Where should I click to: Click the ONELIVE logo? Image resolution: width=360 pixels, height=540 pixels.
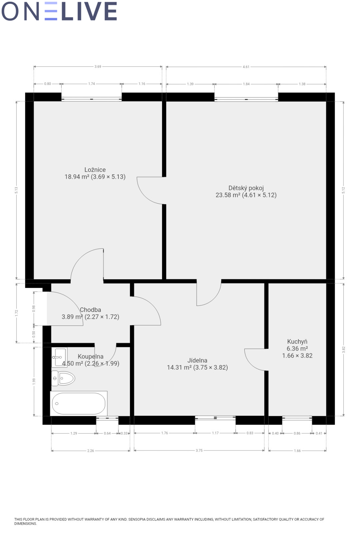[59, 11]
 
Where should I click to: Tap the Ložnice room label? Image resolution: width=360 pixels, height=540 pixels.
[95, 170]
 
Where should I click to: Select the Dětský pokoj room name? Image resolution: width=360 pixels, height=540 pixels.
[246, 188]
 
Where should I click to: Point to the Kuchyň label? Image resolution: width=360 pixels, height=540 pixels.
[297, 342]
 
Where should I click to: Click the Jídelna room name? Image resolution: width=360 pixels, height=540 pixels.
[197, 360]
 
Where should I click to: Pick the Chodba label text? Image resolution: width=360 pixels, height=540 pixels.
[90, 310]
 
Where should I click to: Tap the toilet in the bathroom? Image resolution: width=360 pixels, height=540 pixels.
[63, 378]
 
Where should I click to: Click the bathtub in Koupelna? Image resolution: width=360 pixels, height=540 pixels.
[79, 404]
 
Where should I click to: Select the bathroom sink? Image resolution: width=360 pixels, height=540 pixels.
[59, 357]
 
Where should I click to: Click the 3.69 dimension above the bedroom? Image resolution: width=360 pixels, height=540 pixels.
[98, 67]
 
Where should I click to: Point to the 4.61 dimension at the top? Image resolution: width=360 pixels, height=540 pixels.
[246, 67]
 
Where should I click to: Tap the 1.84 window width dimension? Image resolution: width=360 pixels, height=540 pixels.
[246, 84]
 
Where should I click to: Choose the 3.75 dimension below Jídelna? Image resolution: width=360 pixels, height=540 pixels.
[199, 451]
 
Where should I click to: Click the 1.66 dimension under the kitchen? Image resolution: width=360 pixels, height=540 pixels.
[297, 451]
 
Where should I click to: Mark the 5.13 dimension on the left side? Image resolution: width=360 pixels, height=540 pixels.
[16, 190]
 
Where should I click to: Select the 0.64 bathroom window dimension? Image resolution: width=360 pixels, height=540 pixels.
[107, 433]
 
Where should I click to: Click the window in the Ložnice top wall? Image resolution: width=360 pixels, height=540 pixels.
[91, 99]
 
